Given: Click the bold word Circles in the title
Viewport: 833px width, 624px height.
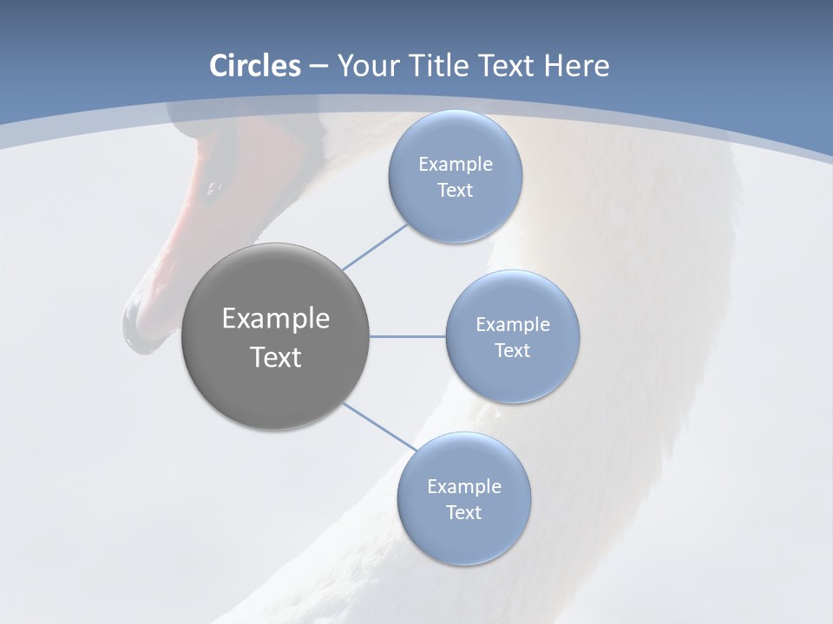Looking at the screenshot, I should point(254,66).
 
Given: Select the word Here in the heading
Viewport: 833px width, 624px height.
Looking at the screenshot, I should point(576,66).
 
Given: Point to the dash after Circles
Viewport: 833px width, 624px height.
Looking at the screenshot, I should point(318,67).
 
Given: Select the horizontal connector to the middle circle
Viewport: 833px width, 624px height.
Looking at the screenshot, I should point(407,336).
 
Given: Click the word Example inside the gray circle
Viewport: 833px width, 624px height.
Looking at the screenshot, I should point(275,319).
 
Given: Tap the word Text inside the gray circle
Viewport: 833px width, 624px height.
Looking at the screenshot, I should point(275,357).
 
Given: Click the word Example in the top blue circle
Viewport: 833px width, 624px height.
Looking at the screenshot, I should point(455,164).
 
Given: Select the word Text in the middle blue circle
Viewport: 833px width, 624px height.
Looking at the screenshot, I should point(512,350).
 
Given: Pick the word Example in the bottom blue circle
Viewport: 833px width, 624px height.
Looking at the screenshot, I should point(463,486).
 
